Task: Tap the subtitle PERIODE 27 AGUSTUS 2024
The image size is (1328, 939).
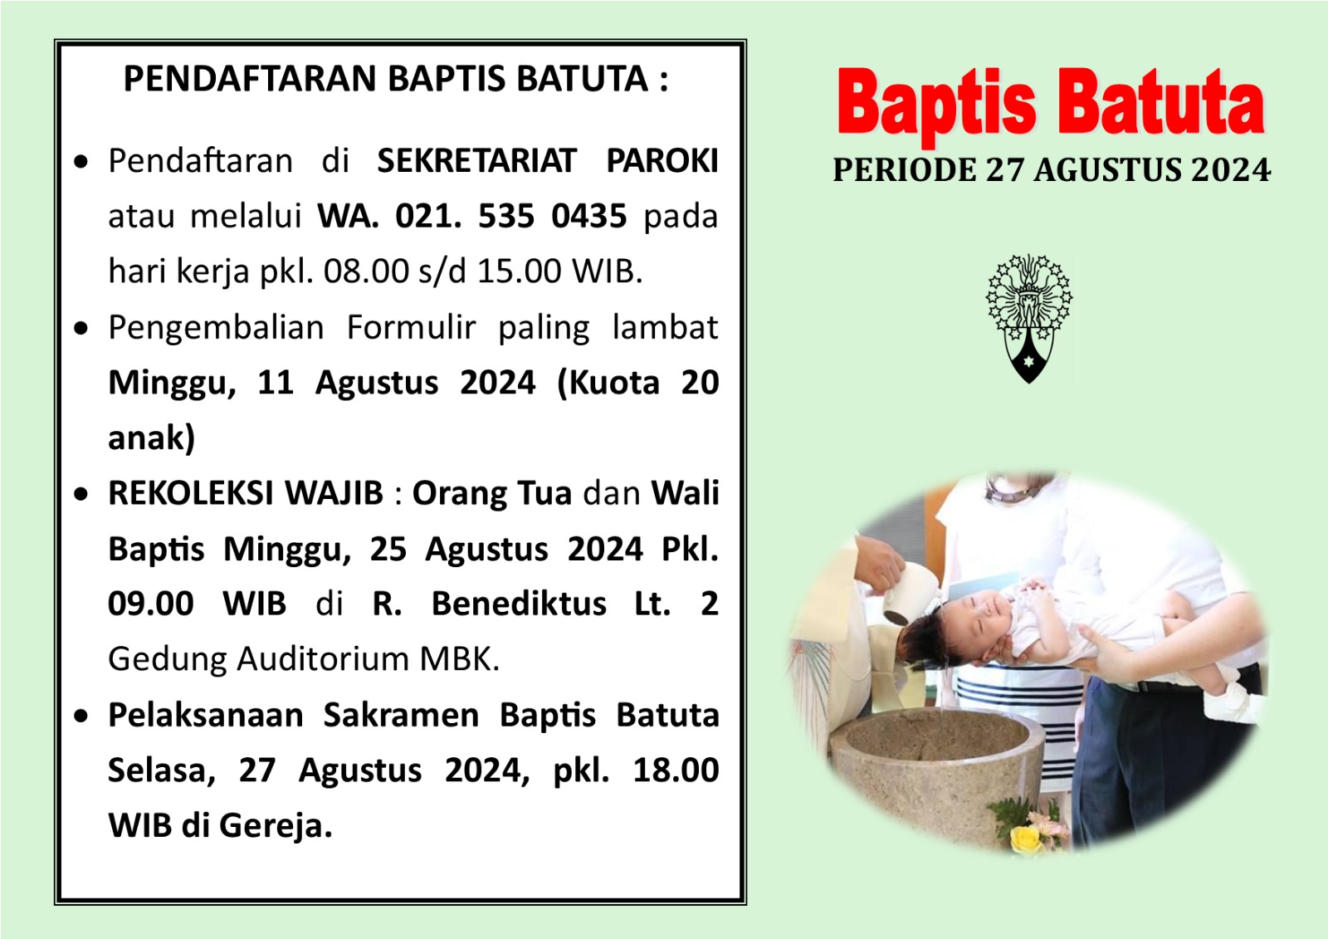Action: click(1051, 170)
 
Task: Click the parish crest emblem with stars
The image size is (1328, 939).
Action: click(1028, 319)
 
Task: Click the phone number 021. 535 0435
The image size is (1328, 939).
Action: click(511, 216)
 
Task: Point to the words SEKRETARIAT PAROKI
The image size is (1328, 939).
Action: click(548, 161)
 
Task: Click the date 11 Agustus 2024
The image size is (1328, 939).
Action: click(396, 383)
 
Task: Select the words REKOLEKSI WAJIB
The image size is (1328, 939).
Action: click(246, 493)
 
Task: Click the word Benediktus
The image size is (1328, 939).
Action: click(519, 604)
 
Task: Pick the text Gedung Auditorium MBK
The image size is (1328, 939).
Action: click(304, 659)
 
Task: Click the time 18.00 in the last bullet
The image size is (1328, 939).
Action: click(676, 770)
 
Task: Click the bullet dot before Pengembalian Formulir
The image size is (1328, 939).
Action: click(81, 328)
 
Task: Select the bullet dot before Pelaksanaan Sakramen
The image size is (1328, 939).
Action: click(81, 716)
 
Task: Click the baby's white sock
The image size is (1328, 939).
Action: click(1237, 703)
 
